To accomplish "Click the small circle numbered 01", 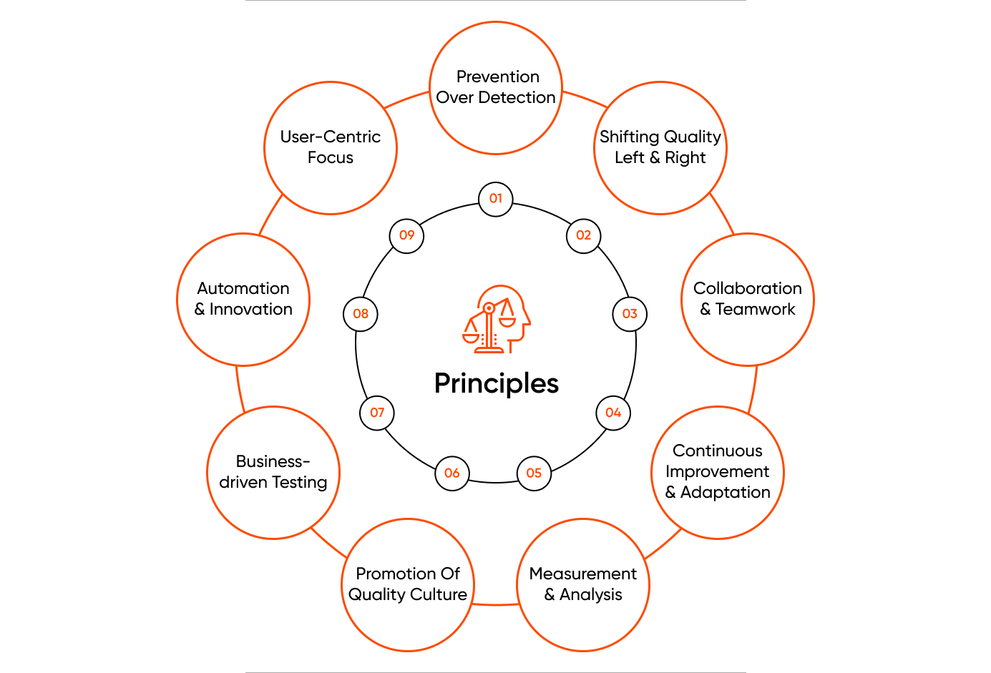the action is [495, 199].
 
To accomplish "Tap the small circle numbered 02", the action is [584, 236].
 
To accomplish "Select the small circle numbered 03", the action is [630, 314].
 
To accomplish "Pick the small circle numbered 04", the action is [613, 413].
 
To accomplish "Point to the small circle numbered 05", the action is [534, 473].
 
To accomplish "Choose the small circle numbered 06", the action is [451, 473].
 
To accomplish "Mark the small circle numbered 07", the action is [377, 413].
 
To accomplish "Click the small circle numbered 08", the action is [361, 314].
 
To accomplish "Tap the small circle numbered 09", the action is [406, 236].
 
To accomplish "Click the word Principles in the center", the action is [497, 384].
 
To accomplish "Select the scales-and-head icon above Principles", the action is [497, 319].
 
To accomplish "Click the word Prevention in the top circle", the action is [498, 77].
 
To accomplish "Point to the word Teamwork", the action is [755, 309].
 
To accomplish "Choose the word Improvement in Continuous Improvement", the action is [717, 472].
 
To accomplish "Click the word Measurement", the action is [583, 574].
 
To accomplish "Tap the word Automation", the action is [243, 288].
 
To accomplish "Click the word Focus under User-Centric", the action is [331, 157].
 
